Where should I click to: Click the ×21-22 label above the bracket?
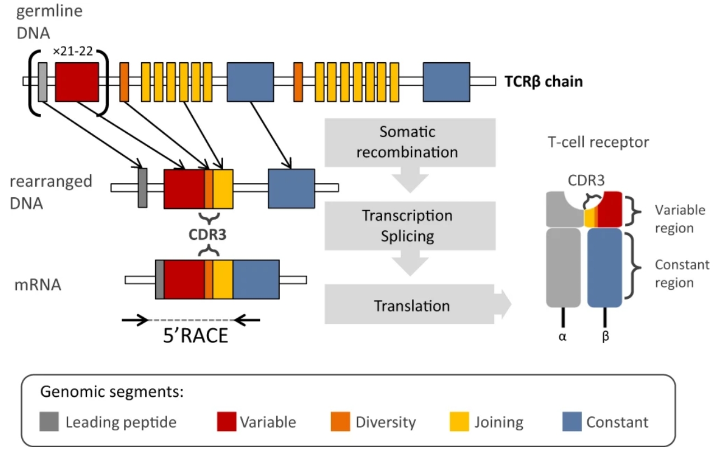point(73,51)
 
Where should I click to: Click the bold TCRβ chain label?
point(544,81)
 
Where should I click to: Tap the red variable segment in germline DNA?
point(77,82)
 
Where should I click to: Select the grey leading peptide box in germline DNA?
point(43,82)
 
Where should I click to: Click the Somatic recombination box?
point(410,142)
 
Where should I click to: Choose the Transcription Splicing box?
point(410,226)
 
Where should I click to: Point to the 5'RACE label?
point(196,336)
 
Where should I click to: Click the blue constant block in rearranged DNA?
point(291,189)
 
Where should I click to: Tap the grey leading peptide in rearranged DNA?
point(143,188)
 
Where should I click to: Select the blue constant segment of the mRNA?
point(256,280)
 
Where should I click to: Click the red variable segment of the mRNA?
point(184,280)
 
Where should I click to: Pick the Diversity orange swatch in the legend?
point(340,422)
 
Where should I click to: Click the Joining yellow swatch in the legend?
point(459,422)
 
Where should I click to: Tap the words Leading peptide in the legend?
point(121,422)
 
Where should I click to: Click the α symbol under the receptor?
point(563,337)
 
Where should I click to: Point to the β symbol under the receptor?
point(605,336)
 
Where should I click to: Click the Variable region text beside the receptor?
point(680,219)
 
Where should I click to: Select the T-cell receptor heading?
point(598,142)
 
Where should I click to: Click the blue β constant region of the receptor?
point(605,268)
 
